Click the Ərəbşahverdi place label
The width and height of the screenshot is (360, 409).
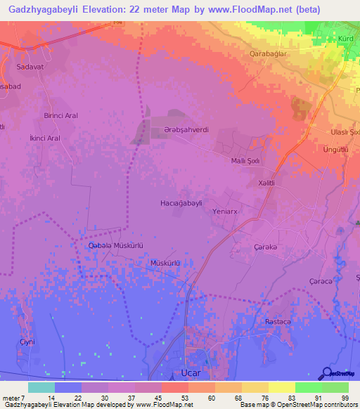click(186, 130)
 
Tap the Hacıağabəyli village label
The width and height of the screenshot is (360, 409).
click(181, 202)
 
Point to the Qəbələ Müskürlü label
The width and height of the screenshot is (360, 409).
click(116, 245)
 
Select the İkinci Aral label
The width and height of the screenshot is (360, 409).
click(44, 138)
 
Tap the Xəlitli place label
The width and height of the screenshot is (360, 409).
click(266, 183)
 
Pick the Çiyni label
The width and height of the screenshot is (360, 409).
click(27, 342)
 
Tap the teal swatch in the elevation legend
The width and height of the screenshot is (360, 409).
click(41, 387)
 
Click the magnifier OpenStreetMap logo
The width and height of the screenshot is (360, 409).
click(328, 373)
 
